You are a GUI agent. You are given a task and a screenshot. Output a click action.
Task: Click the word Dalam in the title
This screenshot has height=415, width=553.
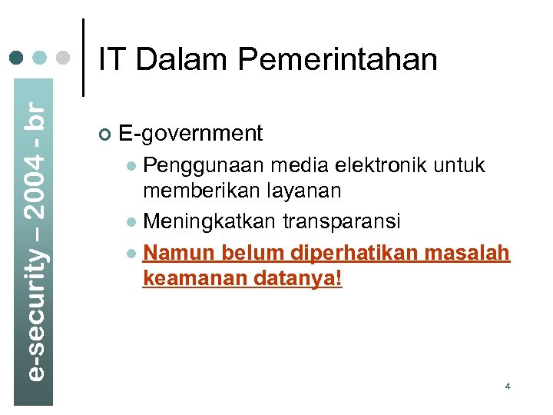(x=180, y=60)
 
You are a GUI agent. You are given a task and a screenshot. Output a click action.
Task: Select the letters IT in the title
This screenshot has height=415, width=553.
(x=113, y=60)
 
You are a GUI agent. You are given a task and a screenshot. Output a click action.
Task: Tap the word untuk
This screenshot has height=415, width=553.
(x=462, y=164)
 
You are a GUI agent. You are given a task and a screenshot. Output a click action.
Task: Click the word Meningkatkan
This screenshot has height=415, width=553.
(x=210, y=222)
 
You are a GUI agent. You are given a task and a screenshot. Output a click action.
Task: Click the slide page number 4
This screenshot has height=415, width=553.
(x=508, y=386)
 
